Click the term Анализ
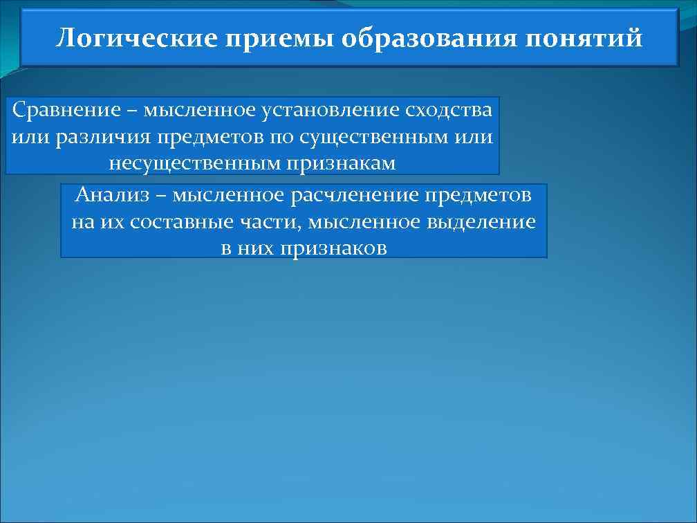point(111,196)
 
